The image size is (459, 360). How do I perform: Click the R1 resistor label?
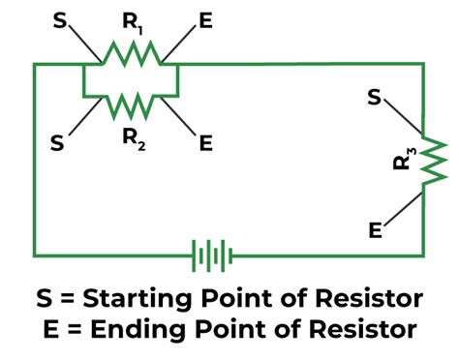tap(131, 20)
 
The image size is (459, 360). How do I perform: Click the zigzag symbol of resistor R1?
tap(131, 57)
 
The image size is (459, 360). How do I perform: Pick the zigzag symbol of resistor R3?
tap(432, 159)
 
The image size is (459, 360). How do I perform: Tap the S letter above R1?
tap(61, 18)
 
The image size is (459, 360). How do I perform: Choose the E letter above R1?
tap(204, 19)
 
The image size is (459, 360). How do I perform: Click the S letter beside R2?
tap(58, 143)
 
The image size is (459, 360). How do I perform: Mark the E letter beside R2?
tap(204, 143)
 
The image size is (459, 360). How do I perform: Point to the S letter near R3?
tap(375, 98)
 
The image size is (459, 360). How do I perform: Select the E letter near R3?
tap(375, 229)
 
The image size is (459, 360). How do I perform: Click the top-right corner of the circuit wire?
tap(423, 65)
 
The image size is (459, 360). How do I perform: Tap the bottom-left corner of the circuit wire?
tap(36, 256)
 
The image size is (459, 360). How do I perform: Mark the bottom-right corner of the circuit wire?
tap(423, 256)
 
